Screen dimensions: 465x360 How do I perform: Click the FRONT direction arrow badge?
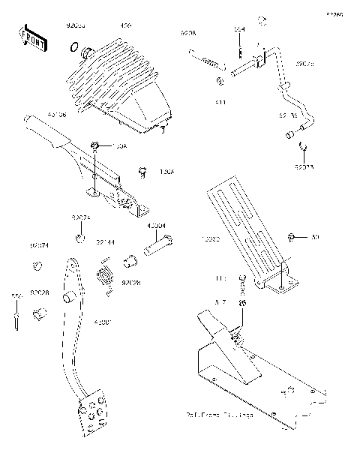pos(31,40)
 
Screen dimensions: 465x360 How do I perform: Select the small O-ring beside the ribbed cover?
pos(73,49)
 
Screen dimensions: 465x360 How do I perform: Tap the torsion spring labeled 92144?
pos(106,272)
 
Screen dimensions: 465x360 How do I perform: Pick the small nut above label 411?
pos(218,80)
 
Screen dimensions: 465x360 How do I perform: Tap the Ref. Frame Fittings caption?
pos(219,414)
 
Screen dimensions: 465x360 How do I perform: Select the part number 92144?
pos(105,243)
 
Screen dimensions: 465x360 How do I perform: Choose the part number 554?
pos(239,29)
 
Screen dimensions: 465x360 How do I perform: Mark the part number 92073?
pos(304,168)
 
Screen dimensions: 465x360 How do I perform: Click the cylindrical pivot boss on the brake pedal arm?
pos(68,296)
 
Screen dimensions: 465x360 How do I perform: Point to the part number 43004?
pos(157,226)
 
